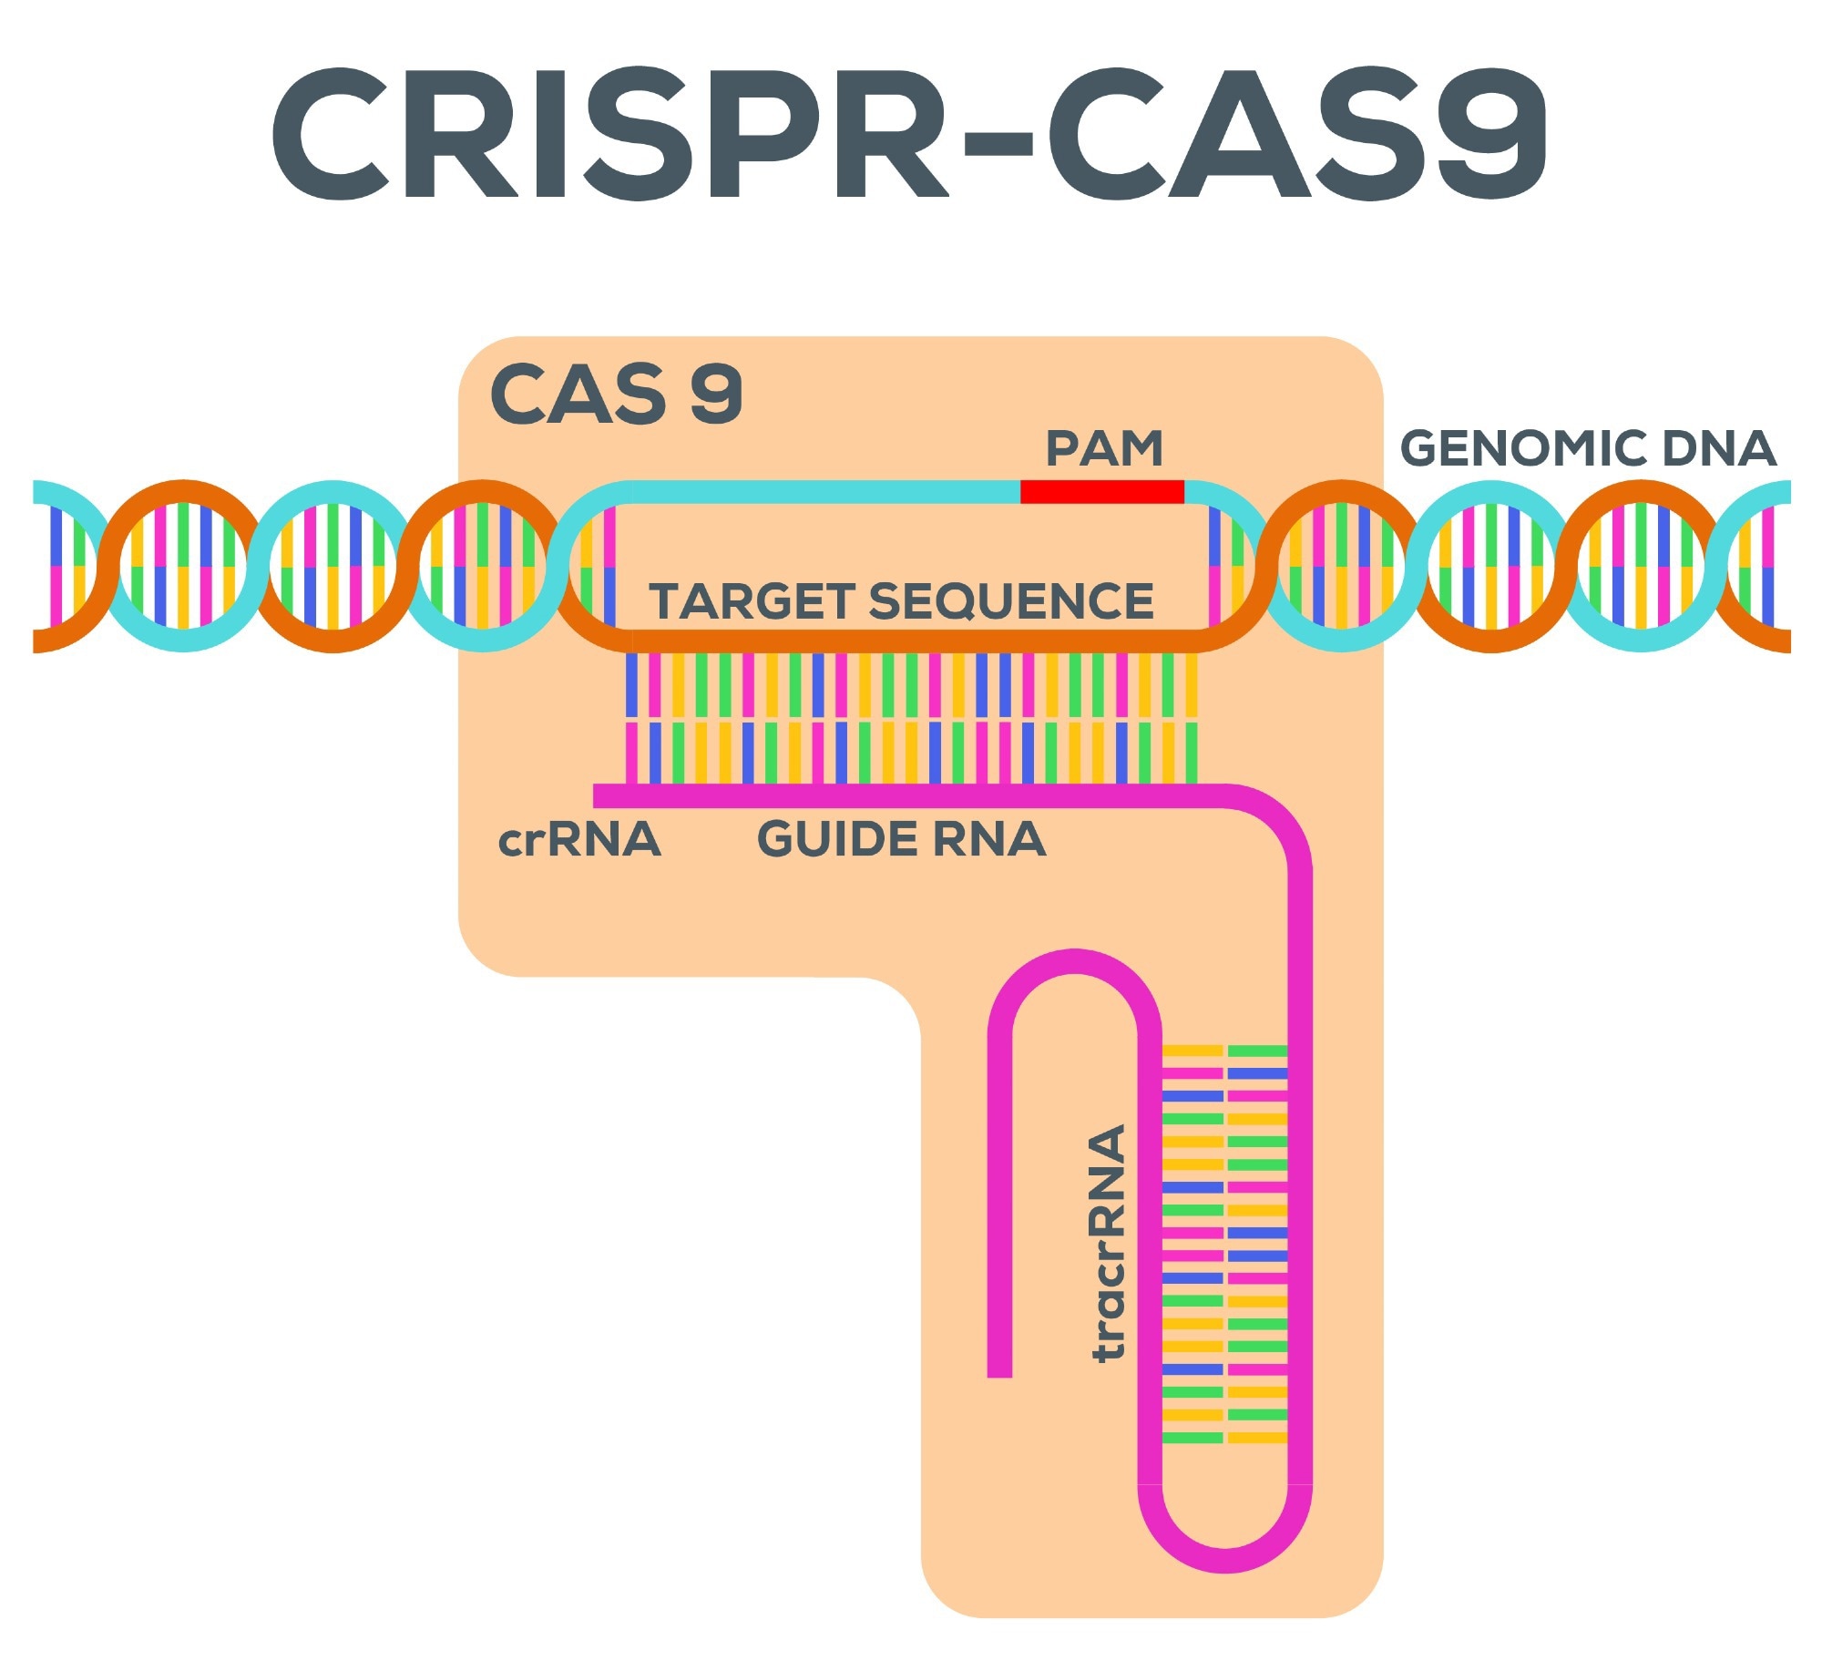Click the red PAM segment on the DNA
click(1101, 492)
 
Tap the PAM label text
click(1104, 448)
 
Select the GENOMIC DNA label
click(1588, 448)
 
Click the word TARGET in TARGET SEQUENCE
click(752, 601)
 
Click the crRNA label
click(579, 839)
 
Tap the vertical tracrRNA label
click(1109, 1243)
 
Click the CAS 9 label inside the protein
click(616, 394)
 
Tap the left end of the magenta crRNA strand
click(601, 795)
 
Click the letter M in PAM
click(1141, 448)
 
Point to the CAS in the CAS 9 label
click(578, 394)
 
